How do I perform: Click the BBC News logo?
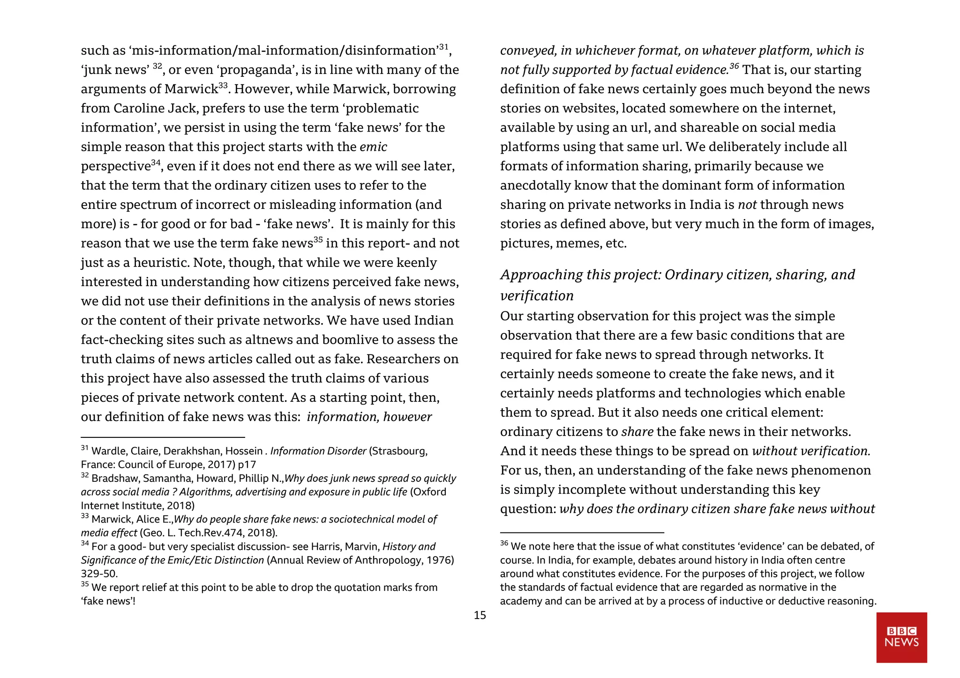point(901,637)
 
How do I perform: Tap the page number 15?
point(480,615)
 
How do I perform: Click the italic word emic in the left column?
point(373,147)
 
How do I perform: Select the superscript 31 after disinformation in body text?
point(443,47)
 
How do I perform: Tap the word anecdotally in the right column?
point(535,186)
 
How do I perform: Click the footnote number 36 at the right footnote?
point(504,543)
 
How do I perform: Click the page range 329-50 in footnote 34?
point(98,574)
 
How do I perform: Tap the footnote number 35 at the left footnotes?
point(84,584)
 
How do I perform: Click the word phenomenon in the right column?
point(834,471)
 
